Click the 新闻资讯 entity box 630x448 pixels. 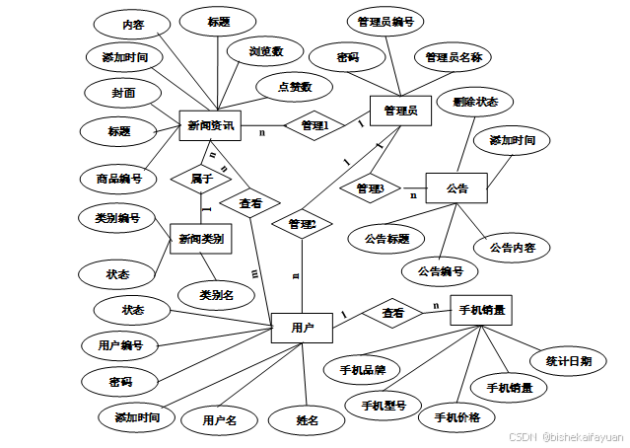(211, 125)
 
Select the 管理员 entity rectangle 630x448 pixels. (400, 112)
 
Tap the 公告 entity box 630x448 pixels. (456, 187)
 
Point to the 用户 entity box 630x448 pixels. (302, 327)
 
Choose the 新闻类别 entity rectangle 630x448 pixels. (200, 239)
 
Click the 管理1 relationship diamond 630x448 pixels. (314, 125)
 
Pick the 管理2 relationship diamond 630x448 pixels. (303, 226)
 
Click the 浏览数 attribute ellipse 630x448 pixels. (265, 50)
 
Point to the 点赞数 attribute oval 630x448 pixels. (294, 87)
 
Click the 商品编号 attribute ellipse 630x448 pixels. (119, 179)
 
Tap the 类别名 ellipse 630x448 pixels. (216, 294)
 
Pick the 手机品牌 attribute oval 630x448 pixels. (362, 371)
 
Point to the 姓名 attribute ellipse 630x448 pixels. (308, 420)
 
